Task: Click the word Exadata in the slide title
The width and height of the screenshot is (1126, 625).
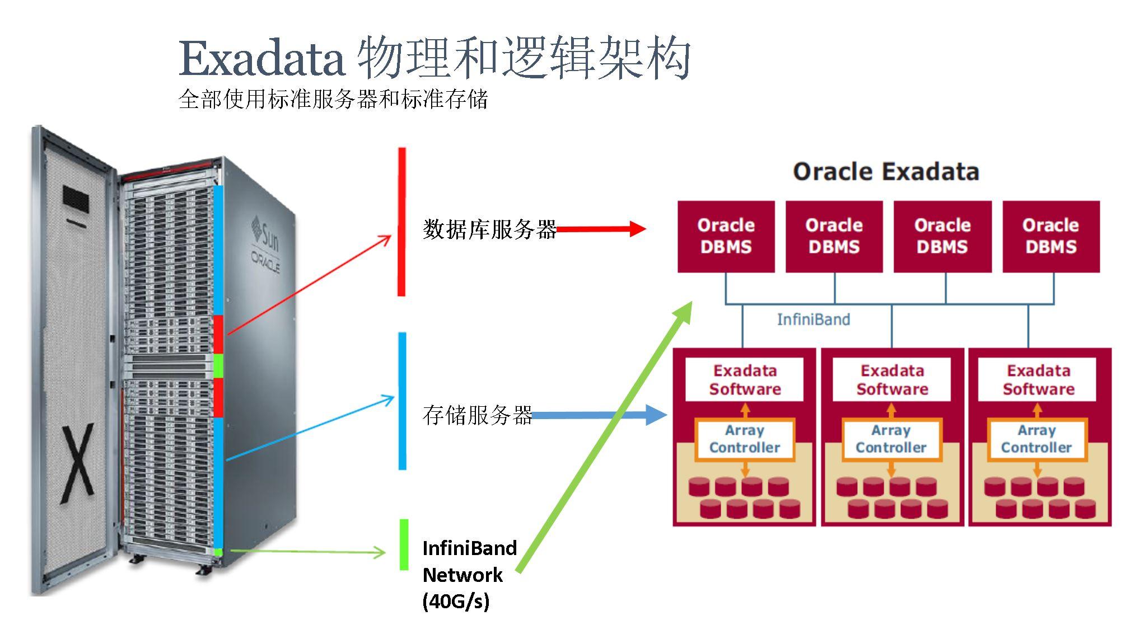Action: (x=261, y=59)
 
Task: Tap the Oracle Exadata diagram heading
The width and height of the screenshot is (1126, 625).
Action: (x=886, y=171)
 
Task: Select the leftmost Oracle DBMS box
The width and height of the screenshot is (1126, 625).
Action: (x=726, y=236)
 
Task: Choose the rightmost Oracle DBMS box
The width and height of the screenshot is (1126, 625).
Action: (x=1050, y=236)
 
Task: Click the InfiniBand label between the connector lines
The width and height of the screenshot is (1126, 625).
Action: (x=813, y=319)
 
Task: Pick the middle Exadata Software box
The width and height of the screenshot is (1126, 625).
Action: (x=891, y=379)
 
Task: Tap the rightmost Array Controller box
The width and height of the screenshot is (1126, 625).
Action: (x=1036, y=439)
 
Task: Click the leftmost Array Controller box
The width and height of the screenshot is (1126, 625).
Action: (x=744, y=439)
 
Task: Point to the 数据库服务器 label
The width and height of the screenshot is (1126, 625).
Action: (x=489, y=229)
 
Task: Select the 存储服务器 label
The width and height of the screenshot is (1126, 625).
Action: (x=477, y=415)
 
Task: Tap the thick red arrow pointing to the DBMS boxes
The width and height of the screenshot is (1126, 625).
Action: (x=600, y=228)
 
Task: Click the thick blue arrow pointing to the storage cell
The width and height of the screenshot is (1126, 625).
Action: (x=599, y=415)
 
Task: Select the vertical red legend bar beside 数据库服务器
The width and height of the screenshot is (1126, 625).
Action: (x=401, y=222)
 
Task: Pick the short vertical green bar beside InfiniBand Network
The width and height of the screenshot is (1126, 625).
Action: (x=404, y=544)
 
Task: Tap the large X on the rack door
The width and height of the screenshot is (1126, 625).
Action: (x=78, y=464)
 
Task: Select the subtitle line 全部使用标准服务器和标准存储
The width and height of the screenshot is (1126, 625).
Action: (x=333, y=100)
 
